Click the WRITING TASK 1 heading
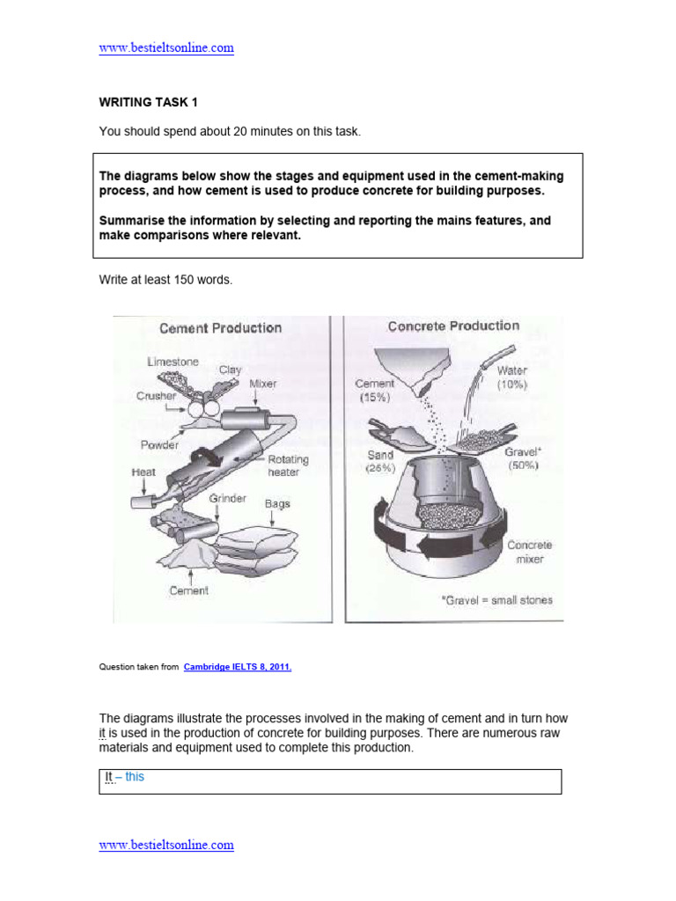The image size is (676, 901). point(148,102)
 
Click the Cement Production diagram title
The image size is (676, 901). point(220,328)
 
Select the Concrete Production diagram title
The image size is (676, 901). point(453,326)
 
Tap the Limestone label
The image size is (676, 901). point(173,362)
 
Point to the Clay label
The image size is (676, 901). point(230,370)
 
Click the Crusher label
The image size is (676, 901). point(157,397)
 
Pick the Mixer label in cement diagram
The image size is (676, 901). point(262,385)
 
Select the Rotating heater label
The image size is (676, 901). point(288,465)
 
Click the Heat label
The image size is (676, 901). point(143,472)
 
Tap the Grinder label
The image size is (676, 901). point(227,499)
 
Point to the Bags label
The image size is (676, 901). point(277,504)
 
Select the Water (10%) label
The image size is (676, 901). point(511,377)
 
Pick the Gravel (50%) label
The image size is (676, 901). point(523,458)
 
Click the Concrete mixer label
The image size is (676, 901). point(529,552)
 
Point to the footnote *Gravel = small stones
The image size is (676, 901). point(496,600)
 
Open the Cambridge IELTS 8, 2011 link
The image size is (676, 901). point(238,667)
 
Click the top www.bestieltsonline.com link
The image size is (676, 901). point(166,48)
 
